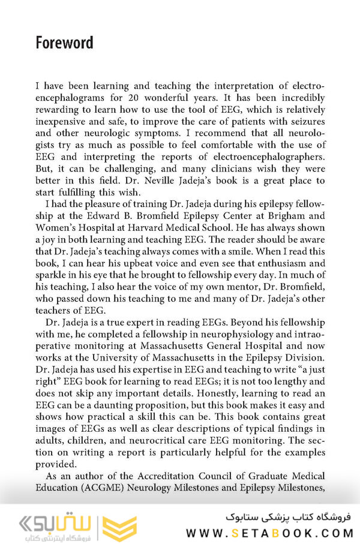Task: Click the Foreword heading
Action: pyautogui.click(x=64, y=43)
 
